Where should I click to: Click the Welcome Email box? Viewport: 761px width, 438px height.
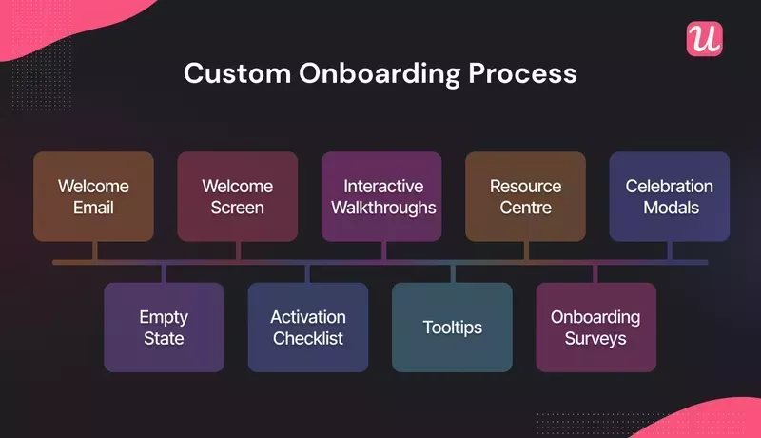coord(93,196)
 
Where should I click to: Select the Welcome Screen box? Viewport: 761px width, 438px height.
coord(237,196)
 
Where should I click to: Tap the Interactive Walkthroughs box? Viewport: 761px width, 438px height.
coord(381,196)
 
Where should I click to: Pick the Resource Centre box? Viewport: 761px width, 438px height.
coord(525,196)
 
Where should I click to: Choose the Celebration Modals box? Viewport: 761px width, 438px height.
coord(670,196)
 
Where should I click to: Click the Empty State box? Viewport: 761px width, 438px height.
coord(164,327)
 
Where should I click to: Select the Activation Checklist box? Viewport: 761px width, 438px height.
coord(308,327)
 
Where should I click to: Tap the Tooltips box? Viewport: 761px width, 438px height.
coord(452,327)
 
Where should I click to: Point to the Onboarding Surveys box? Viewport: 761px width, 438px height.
coord(595,327)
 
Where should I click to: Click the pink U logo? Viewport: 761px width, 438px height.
coord(704,39)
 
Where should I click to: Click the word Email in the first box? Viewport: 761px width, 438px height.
coord(93,207)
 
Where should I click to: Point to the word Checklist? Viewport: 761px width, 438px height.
coord(308,338)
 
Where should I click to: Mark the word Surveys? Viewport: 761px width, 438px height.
coord(595,338)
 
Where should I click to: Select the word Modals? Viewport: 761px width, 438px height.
coord(670,207)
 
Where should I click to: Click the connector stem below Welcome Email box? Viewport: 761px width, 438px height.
coord(93,250)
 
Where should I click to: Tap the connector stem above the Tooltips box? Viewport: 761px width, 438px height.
coord(452,273)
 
